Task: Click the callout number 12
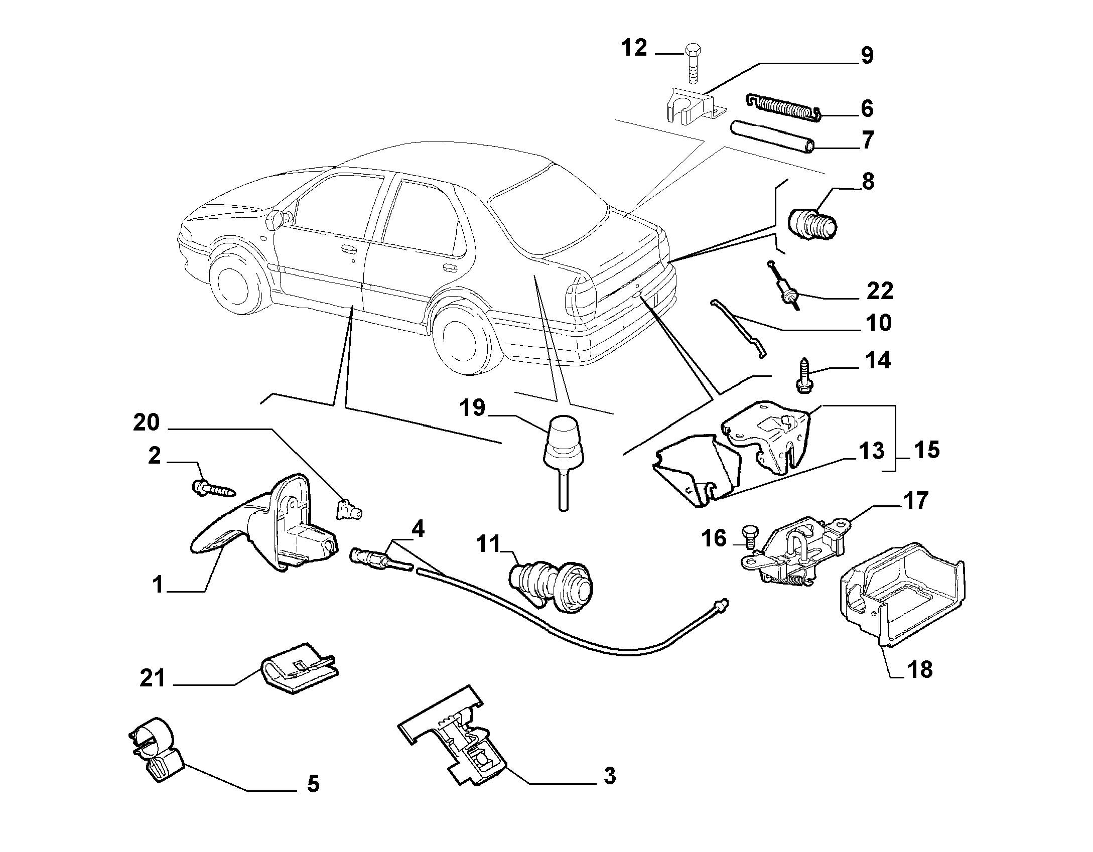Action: click(635, 49)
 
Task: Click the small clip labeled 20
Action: click(348, 510)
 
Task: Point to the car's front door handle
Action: click(346, 248)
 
